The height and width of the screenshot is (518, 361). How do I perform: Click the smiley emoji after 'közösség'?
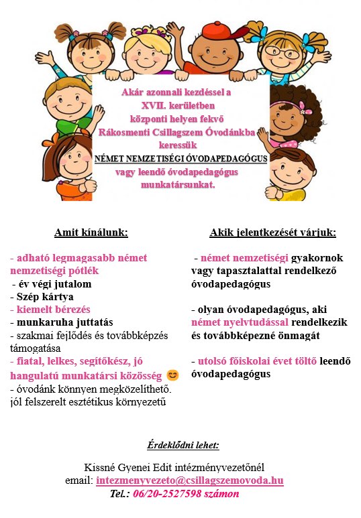[x=172, y=374]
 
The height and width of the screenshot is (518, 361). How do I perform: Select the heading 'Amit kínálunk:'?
[x=91, y=233]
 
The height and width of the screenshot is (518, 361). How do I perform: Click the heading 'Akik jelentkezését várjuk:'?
[x=272, y=233]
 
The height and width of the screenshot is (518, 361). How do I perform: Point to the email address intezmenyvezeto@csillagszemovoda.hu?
[x=190, y=480]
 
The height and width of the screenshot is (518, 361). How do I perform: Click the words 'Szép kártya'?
[x=42, y=296]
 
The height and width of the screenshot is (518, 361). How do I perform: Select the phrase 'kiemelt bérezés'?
[x=50, y=309]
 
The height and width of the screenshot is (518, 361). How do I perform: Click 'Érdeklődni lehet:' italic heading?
[x=183, y=445]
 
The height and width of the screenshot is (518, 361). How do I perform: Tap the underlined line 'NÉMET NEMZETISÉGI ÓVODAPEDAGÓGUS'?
[x=181, y=159]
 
